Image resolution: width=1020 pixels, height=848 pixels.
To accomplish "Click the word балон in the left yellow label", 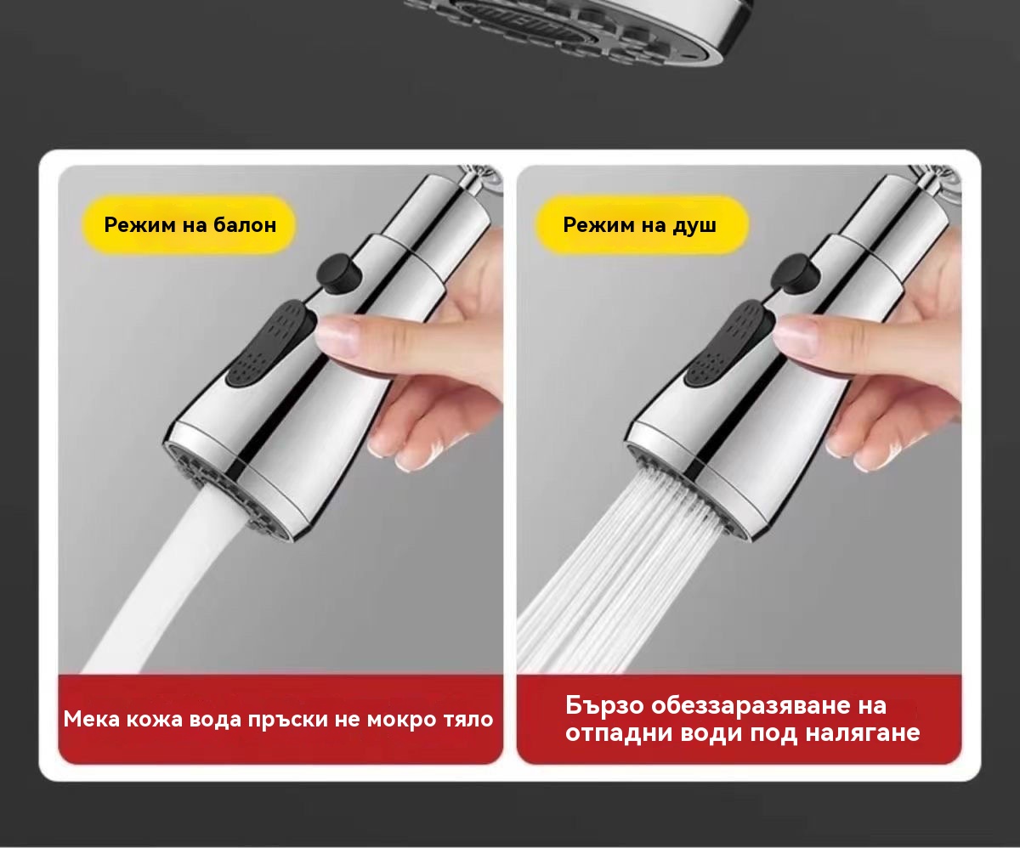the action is coord(245,224).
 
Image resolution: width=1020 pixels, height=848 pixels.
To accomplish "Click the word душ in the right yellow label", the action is coord(694,226).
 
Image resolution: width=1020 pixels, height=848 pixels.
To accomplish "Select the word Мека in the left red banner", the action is coord(92,720).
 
